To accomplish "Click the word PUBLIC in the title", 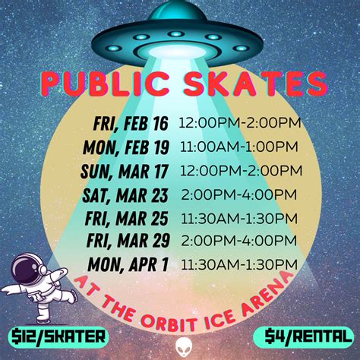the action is click(106, 83).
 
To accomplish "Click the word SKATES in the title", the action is click(256, 84).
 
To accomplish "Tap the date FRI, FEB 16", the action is click(131, 124).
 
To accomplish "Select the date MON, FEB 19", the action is click(126, 147).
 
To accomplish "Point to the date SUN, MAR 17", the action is click(125, 172).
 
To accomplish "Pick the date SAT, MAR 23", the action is click(125, 195).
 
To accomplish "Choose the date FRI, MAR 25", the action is click(126, 219).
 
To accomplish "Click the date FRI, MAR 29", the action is click(128, 241).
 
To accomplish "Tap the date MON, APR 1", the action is click(128, 264).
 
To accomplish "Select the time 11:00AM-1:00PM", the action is click(239, 147).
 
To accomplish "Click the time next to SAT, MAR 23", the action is click(239, 194).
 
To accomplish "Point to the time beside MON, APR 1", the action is click(239, 264).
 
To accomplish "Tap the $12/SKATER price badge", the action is click(58, 337).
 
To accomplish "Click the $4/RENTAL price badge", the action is click(303, 337).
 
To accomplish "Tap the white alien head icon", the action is click(184, 347).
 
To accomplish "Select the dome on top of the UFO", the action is click(177, 11).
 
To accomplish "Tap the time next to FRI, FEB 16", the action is click(240, 123).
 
